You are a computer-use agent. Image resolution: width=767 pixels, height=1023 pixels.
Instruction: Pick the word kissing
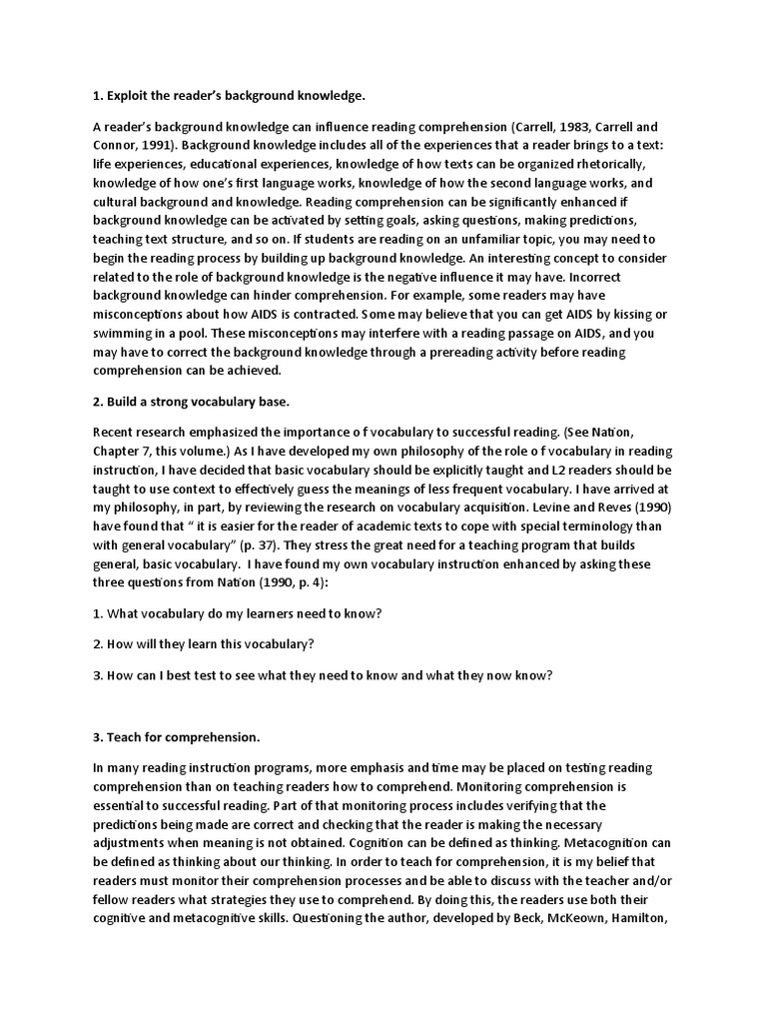[x=611, y=315]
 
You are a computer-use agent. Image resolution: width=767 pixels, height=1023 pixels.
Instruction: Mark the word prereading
[x=485, y=353]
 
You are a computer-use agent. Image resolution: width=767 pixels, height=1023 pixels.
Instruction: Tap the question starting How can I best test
[x=322, y=675]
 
